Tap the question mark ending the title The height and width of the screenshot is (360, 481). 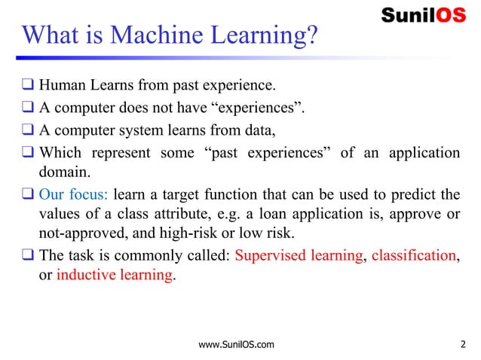311,35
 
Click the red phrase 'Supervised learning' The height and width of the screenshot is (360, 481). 299,255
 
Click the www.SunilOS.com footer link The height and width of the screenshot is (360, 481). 234,345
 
